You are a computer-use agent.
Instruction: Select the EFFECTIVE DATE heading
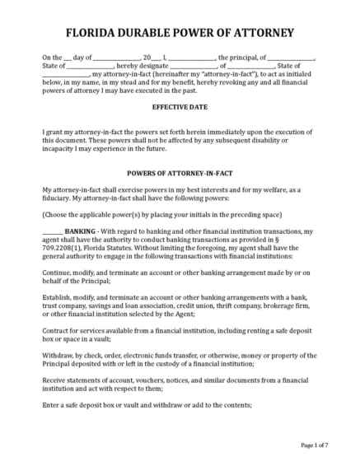pos(179,107)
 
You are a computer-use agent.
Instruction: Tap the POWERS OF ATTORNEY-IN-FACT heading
pos(179,173)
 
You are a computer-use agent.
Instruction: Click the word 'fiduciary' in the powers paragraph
pos(59,198)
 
